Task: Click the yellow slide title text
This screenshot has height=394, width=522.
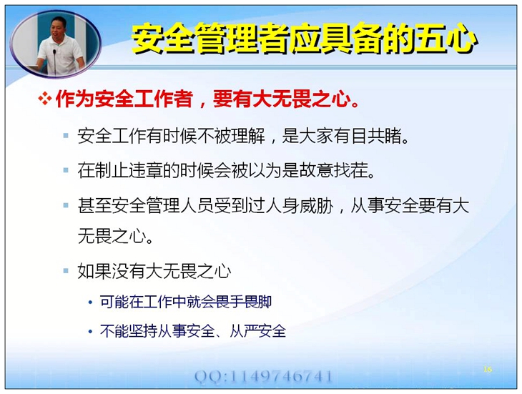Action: (x=305, y=39)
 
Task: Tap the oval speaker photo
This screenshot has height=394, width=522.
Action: (x=56, y=44)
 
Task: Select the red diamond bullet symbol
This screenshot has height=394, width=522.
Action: (x=45, y=99)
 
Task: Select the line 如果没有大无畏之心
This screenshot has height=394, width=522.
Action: (x=154, y=271)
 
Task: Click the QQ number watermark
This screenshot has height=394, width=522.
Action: (x=263, y=376)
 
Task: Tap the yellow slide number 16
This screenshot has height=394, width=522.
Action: (x=488, y=369)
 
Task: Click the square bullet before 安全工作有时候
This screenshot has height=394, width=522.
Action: (x=66, y=136)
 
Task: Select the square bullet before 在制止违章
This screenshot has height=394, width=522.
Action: (x=66, y=170)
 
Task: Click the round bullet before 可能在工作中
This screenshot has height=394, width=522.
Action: (x=90, y=302)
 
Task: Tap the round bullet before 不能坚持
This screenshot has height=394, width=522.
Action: (x=90, y=332)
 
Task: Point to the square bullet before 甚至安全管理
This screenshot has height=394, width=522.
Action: (x=66, y=205)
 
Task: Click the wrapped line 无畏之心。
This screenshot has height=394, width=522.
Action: (x=115, y=236)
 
